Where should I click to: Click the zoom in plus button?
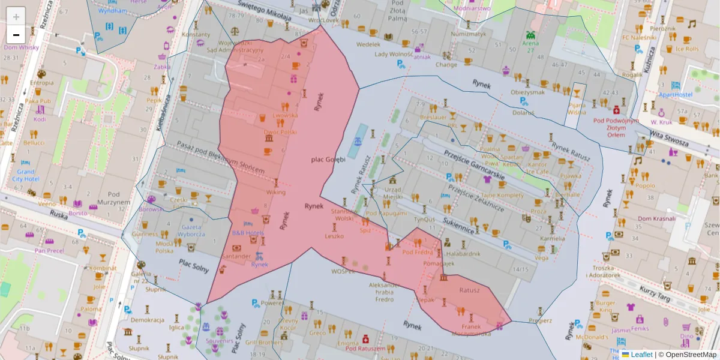point(16,16)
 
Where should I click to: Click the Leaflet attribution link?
point(641,355)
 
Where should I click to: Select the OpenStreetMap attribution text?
point(690,355)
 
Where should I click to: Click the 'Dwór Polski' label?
point(280,131)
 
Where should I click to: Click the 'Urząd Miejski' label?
point(392,193)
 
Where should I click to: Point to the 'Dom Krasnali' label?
point(656,218)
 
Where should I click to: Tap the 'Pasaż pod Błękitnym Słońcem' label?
point(220,157)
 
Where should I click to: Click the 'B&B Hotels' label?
point(248,232)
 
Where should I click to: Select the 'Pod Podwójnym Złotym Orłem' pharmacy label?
point(616,127)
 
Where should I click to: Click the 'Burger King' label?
point(605,306)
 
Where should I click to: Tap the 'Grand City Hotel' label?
point(25,175)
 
